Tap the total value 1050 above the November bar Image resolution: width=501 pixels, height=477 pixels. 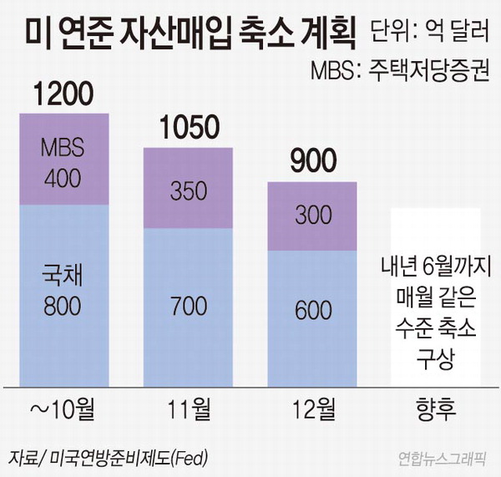click(x=190, y=128)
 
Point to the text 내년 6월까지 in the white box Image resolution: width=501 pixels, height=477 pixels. click(x=435, y=268)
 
